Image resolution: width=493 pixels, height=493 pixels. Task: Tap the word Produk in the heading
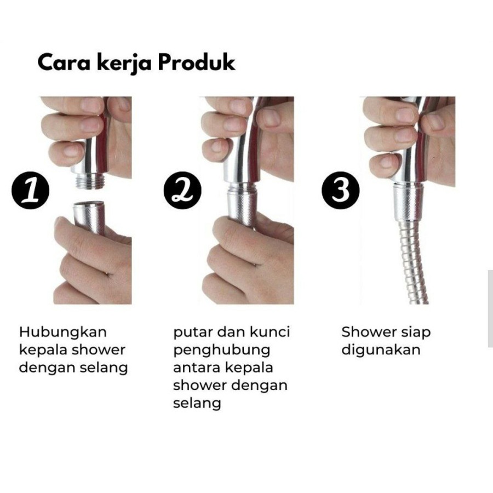197,62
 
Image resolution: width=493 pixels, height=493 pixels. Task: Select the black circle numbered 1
31,190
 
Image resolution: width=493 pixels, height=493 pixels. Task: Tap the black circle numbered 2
182,190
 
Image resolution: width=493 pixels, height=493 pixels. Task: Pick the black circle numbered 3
341,190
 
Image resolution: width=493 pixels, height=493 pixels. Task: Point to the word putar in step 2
192,333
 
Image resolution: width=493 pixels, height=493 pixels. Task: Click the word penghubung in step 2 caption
222,351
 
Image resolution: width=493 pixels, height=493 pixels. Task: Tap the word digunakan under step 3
381,351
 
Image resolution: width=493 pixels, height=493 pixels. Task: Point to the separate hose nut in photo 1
89,217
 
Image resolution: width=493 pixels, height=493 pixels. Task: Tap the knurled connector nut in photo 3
408,203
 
